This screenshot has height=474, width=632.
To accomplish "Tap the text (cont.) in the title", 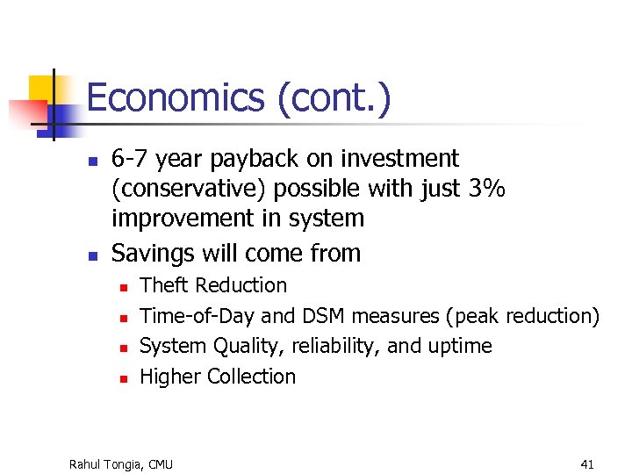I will pyautogui.click(x=334, y=98).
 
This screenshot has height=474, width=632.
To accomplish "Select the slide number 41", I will pyautogui.click(x=587, y=463).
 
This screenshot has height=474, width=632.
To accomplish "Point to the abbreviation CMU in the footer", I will pyautogui.click(x=162, y=463).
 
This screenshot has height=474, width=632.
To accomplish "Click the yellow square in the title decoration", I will pyautogui.click(x=42, y=89).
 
